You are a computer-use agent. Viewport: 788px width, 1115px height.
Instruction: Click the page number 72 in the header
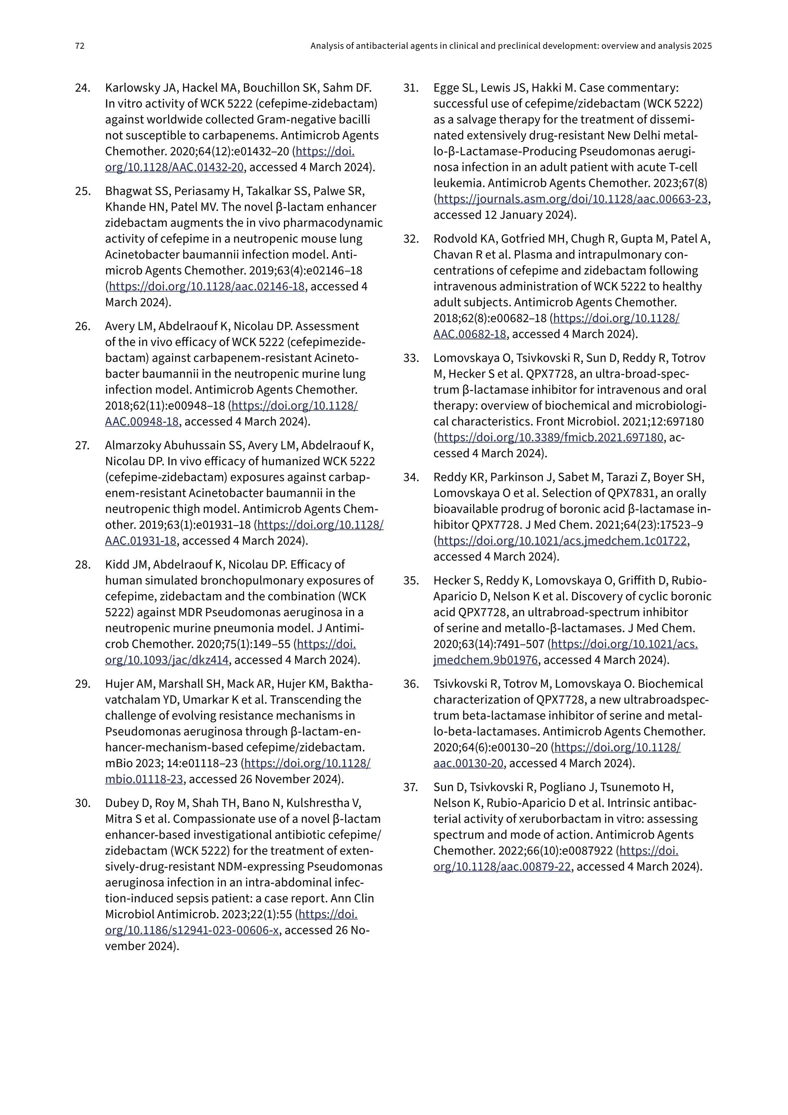click(x=80, y=46)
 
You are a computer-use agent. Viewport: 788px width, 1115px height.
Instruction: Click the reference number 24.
click(x=82, y=88)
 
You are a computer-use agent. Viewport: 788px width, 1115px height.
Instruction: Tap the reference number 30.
click(x=82, y=803)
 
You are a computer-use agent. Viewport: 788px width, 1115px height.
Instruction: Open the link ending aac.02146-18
click(x=207, y=286)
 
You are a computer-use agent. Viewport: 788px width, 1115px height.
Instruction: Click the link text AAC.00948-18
click(x=142, y=422)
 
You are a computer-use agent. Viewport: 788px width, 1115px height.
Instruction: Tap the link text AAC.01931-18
click(x=141, y=541)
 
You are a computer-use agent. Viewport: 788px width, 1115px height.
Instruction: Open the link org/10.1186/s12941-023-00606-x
click(x=192, y=930)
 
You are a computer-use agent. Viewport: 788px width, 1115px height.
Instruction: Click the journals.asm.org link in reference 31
click(x=572, y=199)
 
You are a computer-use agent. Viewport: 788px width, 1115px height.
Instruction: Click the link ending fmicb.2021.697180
click(x=550, y=437)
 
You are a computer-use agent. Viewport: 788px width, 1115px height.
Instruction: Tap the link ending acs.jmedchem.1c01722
click(x=562, y=541)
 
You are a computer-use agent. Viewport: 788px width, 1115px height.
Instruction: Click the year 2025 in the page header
click(x=702, y=46)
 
